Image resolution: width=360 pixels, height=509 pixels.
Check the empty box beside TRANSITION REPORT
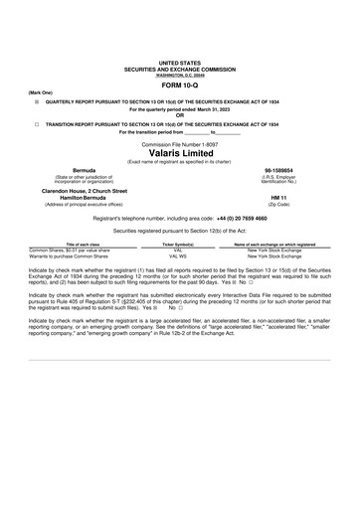click(x=36, y=124)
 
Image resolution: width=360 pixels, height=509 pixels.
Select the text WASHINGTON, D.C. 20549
click(x=179, y=73)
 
